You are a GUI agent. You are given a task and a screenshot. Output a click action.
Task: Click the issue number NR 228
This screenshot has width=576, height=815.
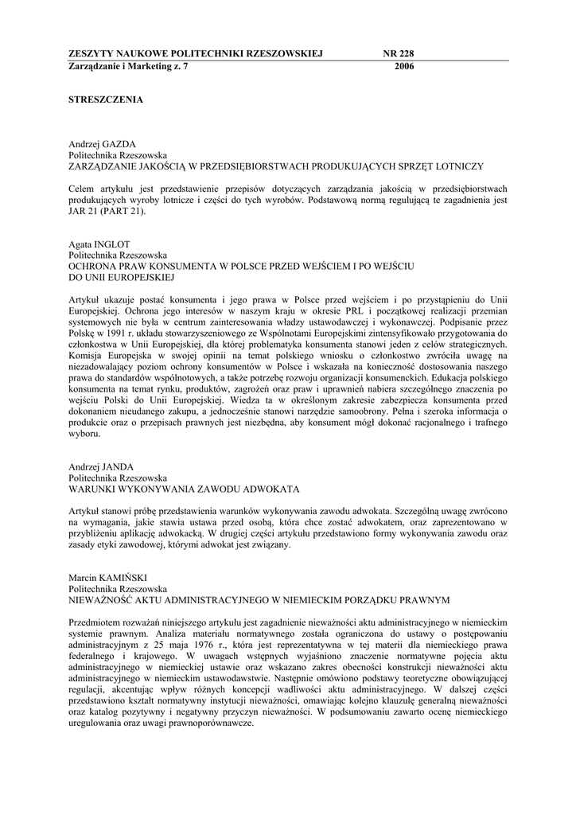399,53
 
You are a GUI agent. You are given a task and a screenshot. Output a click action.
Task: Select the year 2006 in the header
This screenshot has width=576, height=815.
404,67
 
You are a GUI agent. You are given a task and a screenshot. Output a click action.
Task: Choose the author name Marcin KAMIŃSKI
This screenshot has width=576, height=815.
106,576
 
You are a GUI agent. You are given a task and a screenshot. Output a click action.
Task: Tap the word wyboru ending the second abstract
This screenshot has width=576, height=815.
84,434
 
